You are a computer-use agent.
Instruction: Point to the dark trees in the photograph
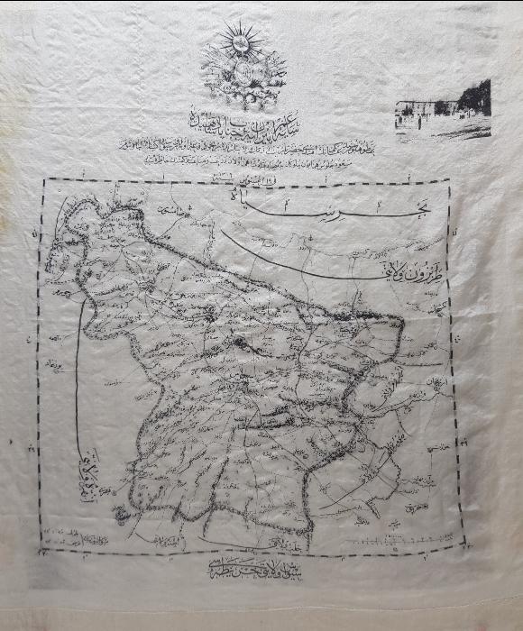tap(474, 97)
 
